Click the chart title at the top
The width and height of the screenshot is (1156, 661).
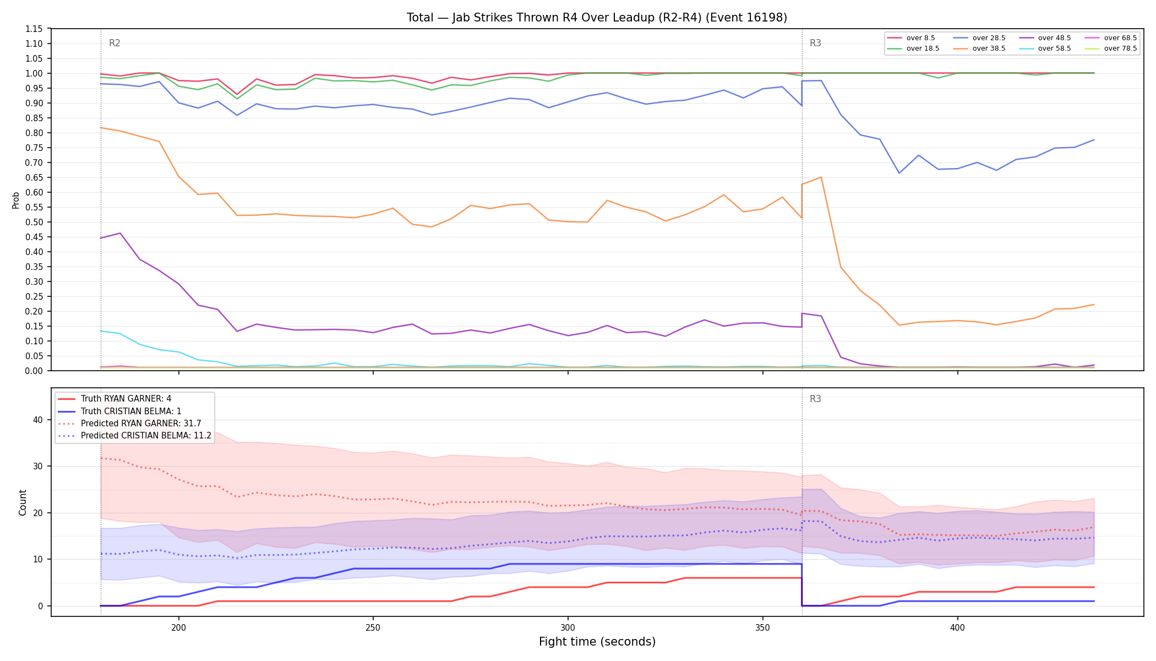[x=597, y=18]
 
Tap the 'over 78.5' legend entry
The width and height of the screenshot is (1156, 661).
[x=1111, y=48]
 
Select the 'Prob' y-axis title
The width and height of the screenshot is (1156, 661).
[x=16, y=200]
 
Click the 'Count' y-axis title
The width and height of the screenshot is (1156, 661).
[x=23, y=502]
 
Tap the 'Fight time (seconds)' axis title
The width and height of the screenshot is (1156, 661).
[x=597, y=642]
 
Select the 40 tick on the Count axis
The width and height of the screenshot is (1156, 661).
[x=38, y=420]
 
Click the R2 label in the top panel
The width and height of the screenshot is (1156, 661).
[x=114, y=43]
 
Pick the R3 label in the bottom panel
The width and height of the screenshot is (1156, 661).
[x=815, y=399]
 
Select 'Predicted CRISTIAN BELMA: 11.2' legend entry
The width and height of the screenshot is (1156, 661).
[x=134, y=436]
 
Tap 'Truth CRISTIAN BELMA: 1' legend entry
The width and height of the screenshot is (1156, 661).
[x=119, y=411]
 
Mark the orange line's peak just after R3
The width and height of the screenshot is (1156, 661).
[x=821, y=177]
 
